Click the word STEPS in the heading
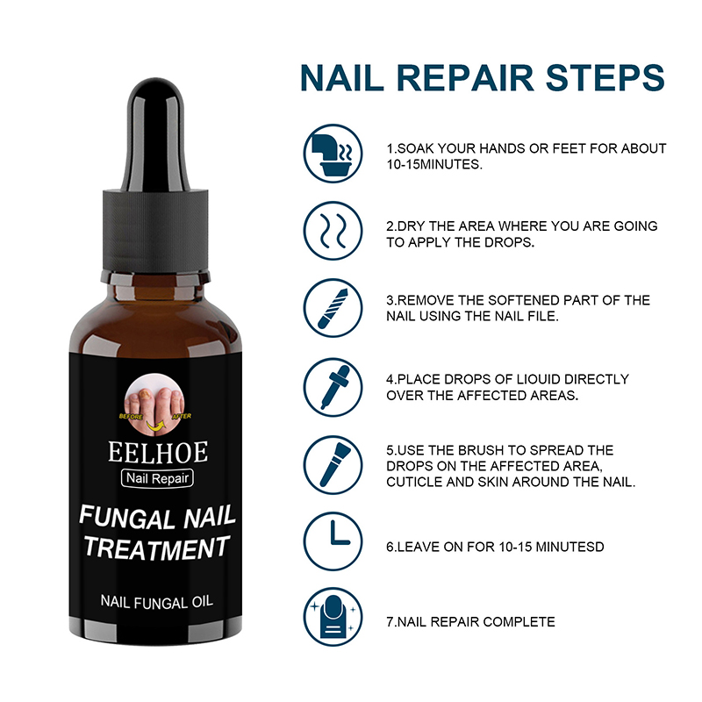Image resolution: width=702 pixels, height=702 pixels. coord(605,78)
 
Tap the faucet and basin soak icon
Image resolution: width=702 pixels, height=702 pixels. coord(333,154)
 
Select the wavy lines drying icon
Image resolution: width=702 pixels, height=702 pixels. coord(333,231)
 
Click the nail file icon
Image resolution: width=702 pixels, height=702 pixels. coord(333,308)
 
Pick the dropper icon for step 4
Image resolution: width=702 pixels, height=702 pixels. coord(333,387)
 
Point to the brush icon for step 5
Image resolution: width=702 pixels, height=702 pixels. coord(333,465)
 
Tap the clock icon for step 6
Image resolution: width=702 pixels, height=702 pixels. coord(333,541)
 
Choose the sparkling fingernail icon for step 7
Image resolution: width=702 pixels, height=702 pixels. coord(333,617)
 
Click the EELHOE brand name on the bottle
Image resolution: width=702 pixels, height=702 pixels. coord(158,452)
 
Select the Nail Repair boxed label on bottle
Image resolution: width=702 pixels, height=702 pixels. coord(158,478)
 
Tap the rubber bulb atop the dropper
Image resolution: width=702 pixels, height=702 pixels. coord(156,134)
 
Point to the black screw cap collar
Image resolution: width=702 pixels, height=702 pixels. coord(156,230)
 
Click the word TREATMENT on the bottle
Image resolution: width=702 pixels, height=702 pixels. coord(157,548)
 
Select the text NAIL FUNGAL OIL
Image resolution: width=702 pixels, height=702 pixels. coord(157,602)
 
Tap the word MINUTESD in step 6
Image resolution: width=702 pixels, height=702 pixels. coord(569,547)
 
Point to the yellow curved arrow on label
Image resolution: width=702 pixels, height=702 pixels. coord(155,426)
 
